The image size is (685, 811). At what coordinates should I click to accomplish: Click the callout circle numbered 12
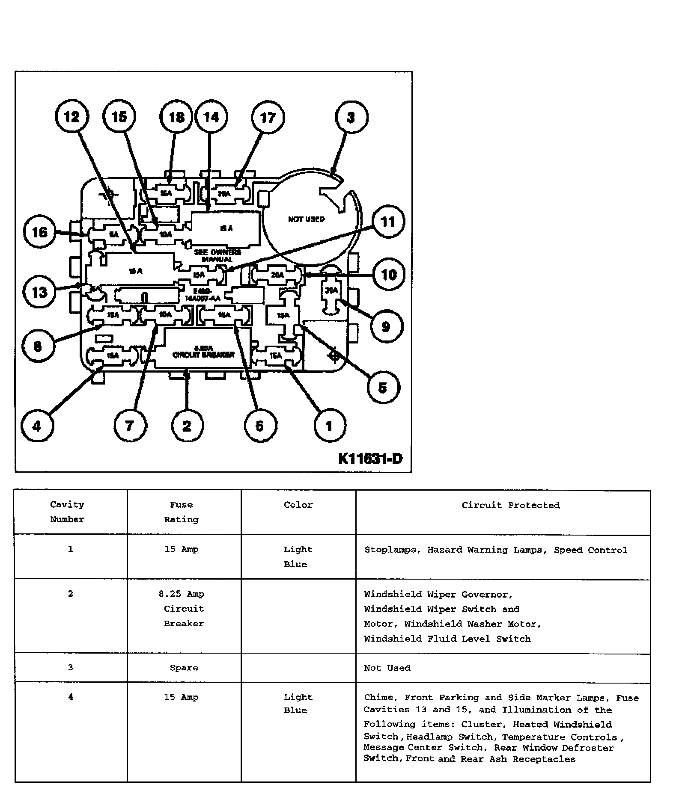(x=72, y=117)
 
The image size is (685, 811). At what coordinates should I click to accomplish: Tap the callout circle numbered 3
(x=351, y=117)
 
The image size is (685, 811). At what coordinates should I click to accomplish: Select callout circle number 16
(x=40, y=232)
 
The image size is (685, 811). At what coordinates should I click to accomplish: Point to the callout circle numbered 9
(x=386, y=327)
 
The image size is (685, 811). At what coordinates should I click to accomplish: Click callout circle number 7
(x=130, y=426)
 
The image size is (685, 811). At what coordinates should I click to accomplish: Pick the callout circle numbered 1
(x=329, y=426)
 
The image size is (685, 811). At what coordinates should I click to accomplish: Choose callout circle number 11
(x=388, y=222)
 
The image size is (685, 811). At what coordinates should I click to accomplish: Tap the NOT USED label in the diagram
(x=306, y=219)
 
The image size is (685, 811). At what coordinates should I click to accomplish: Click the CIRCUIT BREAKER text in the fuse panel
(x=204, y=355)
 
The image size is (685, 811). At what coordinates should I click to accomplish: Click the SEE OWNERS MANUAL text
(x=217, y=256)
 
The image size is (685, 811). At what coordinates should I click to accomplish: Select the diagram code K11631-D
(x=370, y=459)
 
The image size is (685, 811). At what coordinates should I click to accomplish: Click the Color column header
(x=298, y=505)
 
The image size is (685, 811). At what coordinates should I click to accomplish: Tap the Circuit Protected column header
(x=511, y=505)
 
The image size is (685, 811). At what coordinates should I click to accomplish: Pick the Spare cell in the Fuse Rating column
(x=184, y=668)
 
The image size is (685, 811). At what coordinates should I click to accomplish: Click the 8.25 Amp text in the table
(x=182, y=594)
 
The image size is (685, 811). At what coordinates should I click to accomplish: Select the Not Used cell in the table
(x=387, y=668)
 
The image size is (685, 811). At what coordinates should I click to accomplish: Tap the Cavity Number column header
(x=67, y=512)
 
